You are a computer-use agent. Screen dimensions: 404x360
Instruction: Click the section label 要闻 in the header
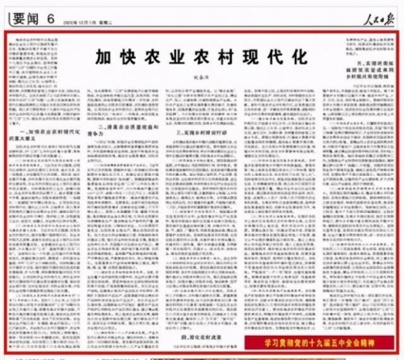[x=23, y=16]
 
